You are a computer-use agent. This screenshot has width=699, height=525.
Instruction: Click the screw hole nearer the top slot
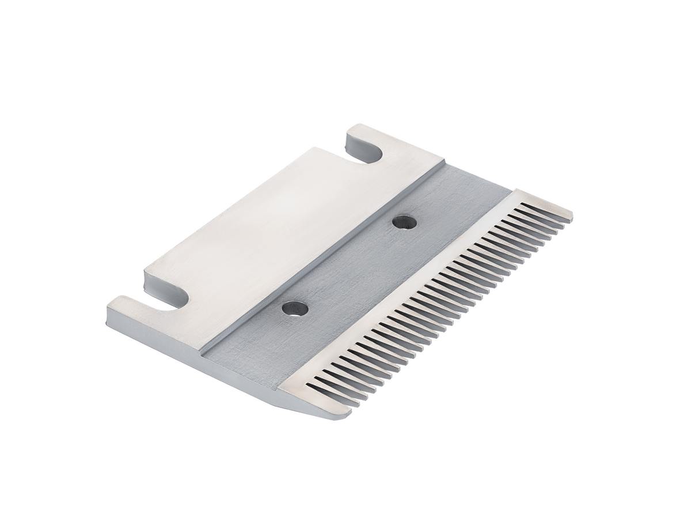click(404, 222)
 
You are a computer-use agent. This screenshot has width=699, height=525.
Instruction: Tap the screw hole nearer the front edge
click(295, 308)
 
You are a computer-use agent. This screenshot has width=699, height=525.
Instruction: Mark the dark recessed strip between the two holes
click(351, 265)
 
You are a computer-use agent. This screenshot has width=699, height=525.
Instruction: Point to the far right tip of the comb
click(571, 218)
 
